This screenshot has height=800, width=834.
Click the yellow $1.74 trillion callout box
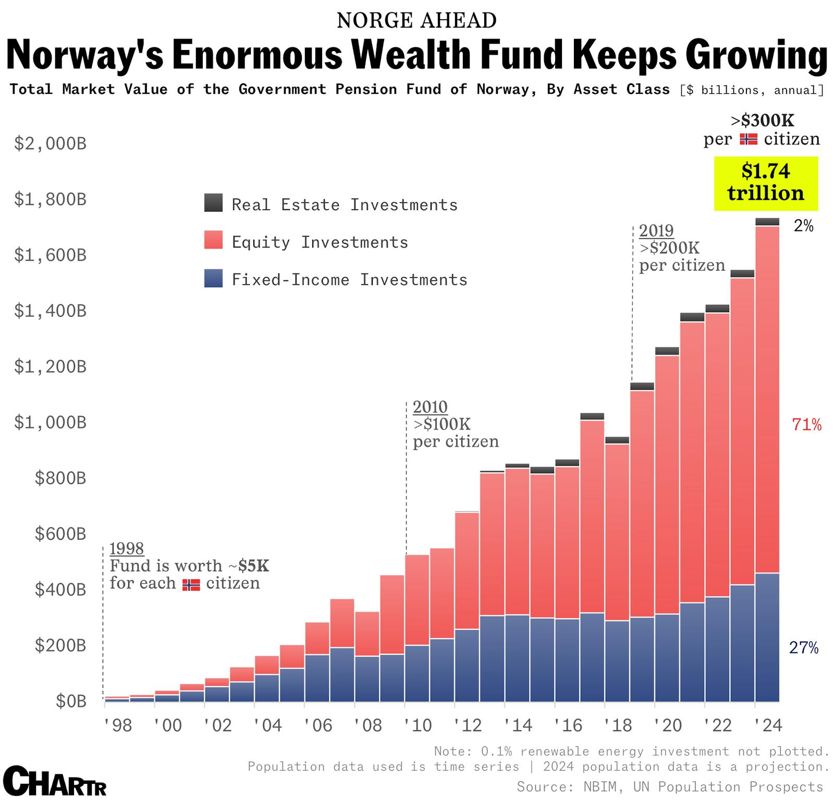click(x=766, y=183)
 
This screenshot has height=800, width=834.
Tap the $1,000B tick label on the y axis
click(x=50, y=422)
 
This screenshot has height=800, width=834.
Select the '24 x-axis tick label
click(x=768, y=725)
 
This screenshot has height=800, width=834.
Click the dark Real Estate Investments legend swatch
click(x=213, y=203)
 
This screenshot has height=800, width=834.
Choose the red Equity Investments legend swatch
click(x=213, y=240)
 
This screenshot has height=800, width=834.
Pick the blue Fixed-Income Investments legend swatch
click(x=213, y=278)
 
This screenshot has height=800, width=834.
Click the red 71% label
click(x=806, y=425)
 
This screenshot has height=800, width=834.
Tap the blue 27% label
click(x=804, y=648)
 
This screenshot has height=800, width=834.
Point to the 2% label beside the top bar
click(x=803, y=226)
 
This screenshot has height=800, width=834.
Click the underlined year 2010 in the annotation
click(x=430, y=407)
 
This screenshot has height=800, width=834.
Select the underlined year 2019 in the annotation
click(x=656, y=230)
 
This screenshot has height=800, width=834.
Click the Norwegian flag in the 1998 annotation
click(x=191, y=584)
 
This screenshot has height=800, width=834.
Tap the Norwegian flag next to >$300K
click(x=749, y=139)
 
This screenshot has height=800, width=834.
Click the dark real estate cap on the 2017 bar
click(x=592, y=416)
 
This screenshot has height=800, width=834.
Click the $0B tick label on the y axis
click(x=71, y=701)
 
